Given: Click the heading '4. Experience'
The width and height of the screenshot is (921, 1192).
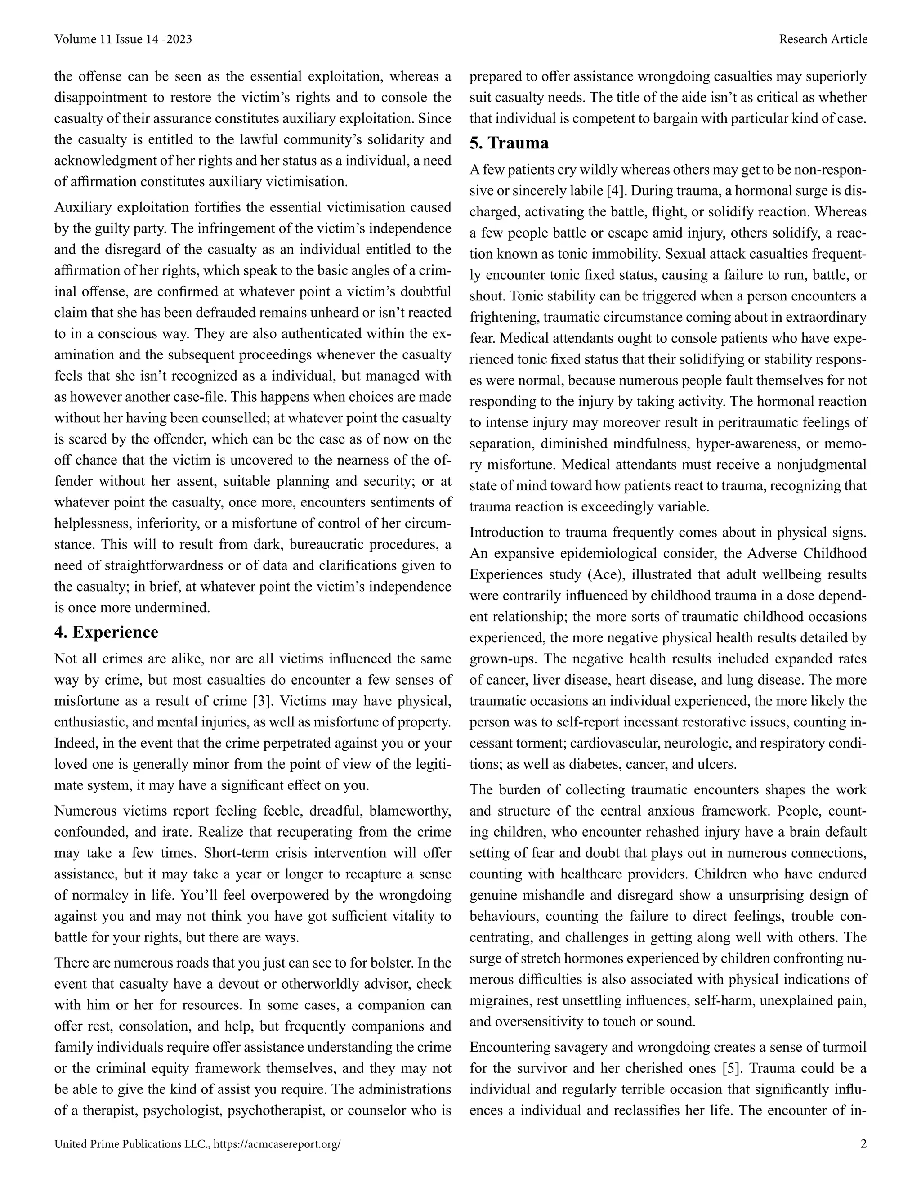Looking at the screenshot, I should (107, 632).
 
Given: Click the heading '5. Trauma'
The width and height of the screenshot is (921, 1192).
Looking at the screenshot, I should (509, 143).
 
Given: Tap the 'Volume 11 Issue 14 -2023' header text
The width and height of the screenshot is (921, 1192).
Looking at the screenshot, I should (123, 39).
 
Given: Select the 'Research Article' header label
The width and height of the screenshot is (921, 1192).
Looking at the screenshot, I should (823, 39).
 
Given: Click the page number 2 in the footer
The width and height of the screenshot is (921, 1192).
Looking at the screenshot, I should (863, 1144).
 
